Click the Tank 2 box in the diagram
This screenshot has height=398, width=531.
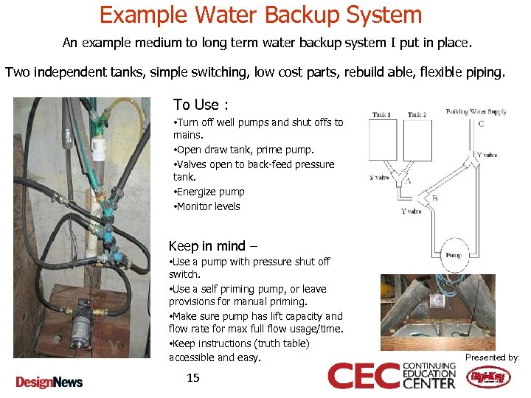[417, 140]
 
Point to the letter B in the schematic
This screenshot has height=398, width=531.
[434, 198]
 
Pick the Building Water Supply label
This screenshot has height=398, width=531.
[476, 112]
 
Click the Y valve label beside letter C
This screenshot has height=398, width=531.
[487, 156]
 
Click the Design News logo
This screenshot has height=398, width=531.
[49, 381]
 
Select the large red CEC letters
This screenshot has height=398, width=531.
[364, 376]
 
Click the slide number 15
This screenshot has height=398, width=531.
[193, 378]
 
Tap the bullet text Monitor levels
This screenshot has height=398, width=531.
[208, 206]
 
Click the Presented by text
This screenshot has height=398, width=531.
[492, 357]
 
